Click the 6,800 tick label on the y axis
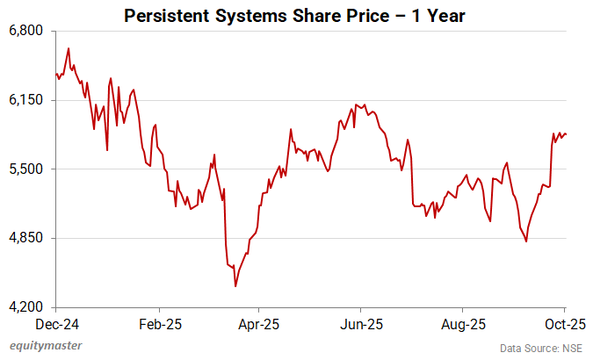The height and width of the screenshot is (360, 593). click(25, 31)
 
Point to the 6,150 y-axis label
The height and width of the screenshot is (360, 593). click(25, 100)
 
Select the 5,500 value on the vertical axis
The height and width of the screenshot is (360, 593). click(25, 169)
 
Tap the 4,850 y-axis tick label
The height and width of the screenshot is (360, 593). click(25, 238)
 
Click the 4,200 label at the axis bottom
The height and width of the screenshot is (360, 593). click(25, 307)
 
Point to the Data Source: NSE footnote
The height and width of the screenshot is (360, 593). click(542, 348)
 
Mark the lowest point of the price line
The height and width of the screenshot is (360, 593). click(235, 286)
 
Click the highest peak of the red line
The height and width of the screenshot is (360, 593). click(69, 48)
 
